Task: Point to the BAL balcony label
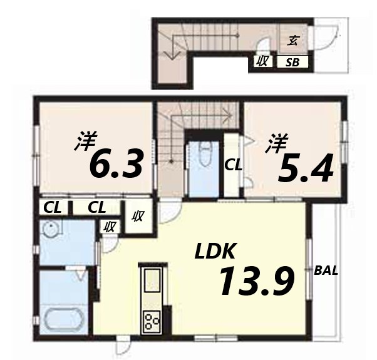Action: [326, 271]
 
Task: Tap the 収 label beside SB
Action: [261, 61]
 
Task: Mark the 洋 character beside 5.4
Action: [274, 144]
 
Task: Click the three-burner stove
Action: [151, 322]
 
